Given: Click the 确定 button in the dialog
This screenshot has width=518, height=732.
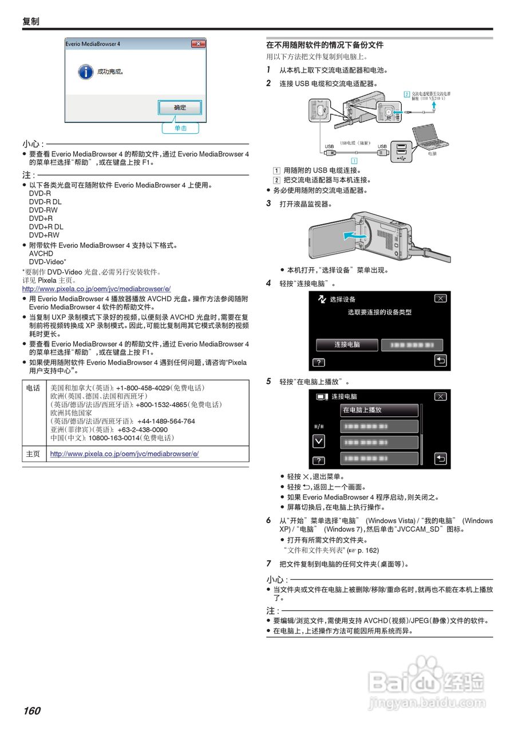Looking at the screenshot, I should click(x=180, y=108).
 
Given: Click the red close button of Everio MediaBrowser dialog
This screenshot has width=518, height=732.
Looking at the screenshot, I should click(x=197, y=44).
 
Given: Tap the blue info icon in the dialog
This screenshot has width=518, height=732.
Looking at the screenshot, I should click(x=85, y=72).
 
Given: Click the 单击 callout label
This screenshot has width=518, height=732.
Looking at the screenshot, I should click(x=180, y=128).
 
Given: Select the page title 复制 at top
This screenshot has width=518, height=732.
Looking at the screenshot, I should click(x=31, y=22).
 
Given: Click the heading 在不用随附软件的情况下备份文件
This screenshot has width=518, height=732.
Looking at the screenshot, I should click(x=325, y=45).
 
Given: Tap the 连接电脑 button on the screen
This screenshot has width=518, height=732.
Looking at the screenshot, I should click(x=347, y=345).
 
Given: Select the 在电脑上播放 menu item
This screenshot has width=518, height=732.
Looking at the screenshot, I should click(x=379, y=411).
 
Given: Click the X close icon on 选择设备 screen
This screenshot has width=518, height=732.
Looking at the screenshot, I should click(x=440, y=299).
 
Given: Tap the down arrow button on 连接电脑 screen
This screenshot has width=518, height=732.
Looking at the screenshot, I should click(x=319, y=441).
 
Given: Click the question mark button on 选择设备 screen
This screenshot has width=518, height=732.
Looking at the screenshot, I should click(x=318, y=363).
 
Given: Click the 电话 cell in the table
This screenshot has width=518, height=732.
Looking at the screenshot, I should click(x=33, y=388).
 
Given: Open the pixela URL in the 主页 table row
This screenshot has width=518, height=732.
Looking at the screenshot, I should click(x=124, y=453).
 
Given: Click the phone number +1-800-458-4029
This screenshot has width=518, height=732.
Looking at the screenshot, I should click(x=144, y=388).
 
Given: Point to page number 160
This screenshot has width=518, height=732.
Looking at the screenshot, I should click(x=32, y=711).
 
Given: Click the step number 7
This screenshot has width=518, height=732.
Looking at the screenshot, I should click(x=268, y=563).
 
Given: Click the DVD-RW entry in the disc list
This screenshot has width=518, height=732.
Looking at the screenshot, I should click(x=44, y=210).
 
